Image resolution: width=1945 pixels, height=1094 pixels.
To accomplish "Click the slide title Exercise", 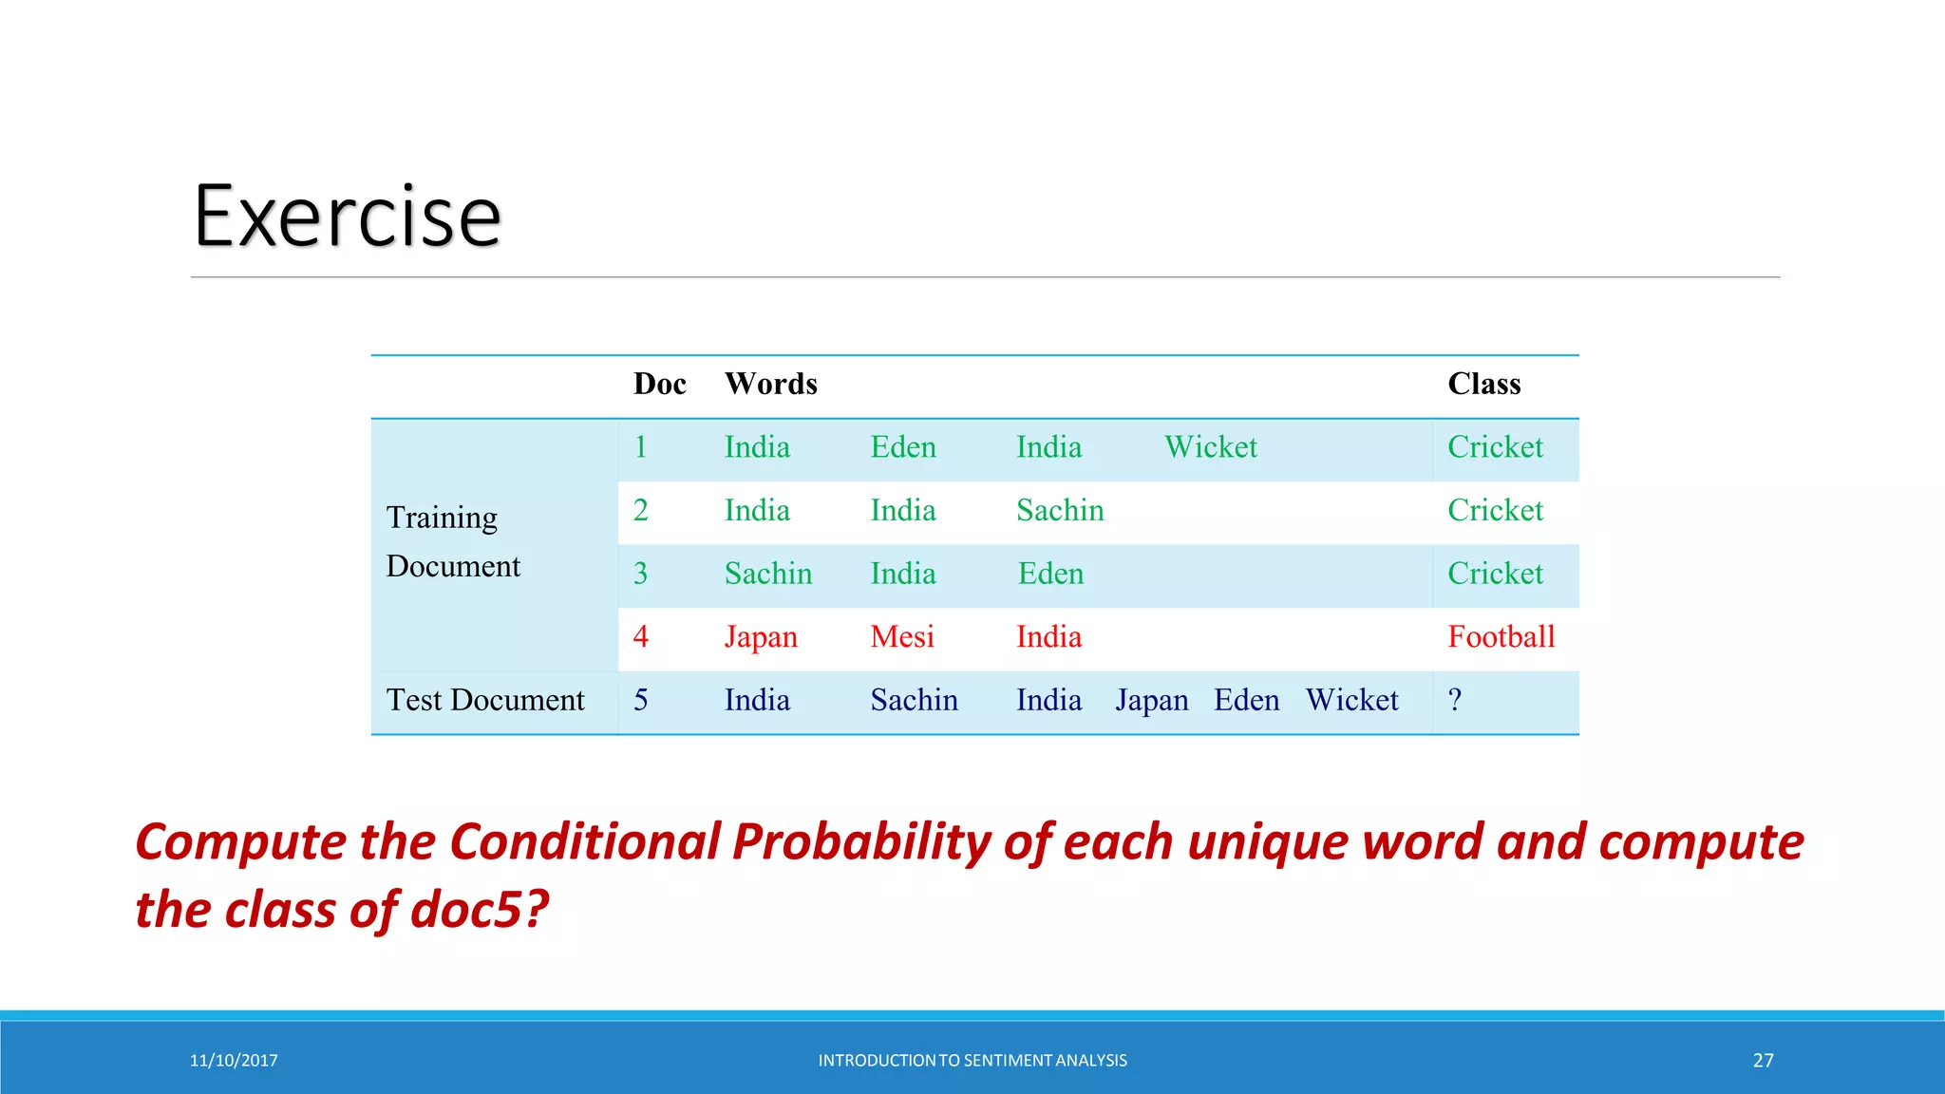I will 347,217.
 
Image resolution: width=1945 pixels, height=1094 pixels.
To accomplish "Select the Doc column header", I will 659,384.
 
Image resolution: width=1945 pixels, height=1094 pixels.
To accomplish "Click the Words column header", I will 770,384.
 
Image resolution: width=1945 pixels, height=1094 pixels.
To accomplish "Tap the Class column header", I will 1483,384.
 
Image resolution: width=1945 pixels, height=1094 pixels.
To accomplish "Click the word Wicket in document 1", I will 1210,447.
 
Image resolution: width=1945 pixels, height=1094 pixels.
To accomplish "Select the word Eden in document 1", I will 902,447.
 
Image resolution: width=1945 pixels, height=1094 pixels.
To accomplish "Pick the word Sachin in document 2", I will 1060,511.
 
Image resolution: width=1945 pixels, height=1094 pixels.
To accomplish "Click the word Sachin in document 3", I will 767,574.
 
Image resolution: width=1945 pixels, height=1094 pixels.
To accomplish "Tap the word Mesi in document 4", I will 902,637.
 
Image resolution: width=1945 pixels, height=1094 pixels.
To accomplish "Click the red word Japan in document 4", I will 761,637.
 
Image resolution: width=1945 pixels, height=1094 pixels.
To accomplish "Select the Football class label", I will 1501,637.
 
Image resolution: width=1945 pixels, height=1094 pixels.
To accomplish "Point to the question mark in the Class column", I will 1455,701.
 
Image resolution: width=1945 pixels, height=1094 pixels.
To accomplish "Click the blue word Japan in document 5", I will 1151,701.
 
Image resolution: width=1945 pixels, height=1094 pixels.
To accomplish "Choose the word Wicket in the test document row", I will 1351,701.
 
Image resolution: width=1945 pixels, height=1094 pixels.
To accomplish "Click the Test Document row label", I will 485,701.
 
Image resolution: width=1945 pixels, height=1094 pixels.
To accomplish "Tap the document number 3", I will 641,574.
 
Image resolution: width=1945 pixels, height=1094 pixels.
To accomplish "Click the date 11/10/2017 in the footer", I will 234,1061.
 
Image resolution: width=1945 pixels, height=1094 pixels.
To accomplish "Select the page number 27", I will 1763,1061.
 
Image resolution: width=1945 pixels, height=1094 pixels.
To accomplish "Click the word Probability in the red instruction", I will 861,842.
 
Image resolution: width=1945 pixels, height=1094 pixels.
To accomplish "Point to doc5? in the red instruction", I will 480,910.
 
